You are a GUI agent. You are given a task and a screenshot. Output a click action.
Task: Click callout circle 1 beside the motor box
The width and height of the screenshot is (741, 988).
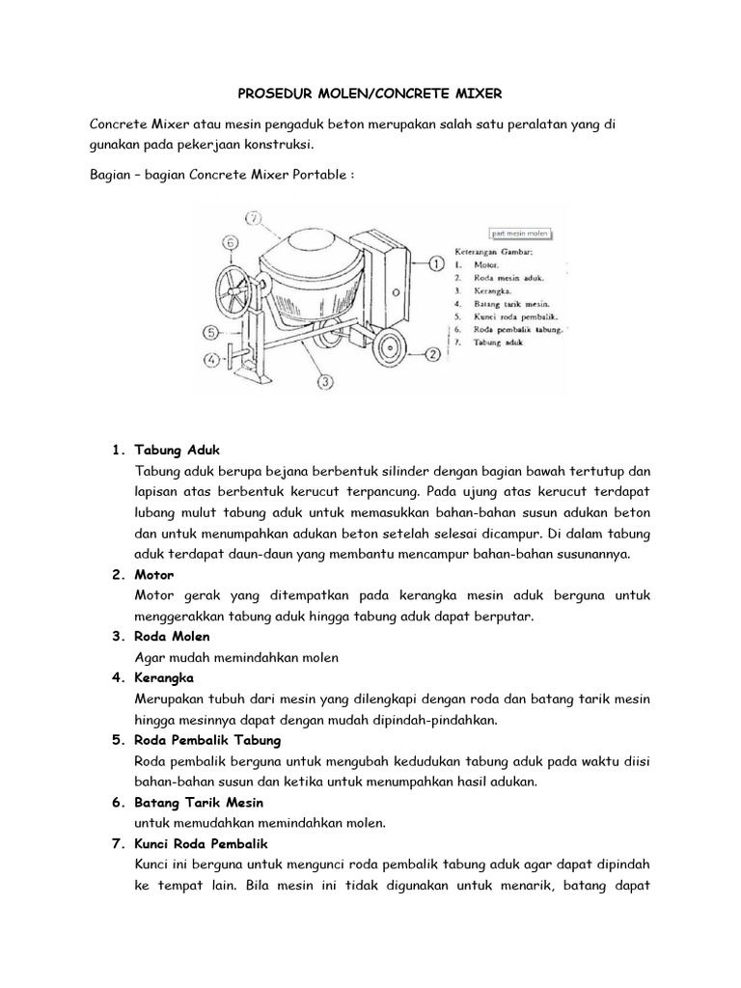(x=435, y=262)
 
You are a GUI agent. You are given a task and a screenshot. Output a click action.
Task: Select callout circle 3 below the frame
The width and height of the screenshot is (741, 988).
(x=325, y=381)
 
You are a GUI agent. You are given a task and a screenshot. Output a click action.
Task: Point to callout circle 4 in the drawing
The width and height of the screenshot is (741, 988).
(x=211, y=362)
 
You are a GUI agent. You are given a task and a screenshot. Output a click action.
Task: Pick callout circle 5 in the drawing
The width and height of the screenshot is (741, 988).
(x=211, y=332)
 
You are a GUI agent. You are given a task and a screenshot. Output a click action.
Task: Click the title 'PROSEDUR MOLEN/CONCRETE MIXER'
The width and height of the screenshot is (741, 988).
(x=370, y=94)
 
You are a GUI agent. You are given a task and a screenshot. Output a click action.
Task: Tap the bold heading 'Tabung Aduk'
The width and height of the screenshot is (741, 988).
(x=178, y=451)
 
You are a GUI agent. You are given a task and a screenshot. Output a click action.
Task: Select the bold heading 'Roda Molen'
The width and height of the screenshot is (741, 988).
(x=174, y=637)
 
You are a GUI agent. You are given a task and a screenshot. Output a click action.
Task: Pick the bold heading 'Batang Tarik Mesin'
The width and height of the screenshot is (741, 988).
(x=200, y=803)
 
